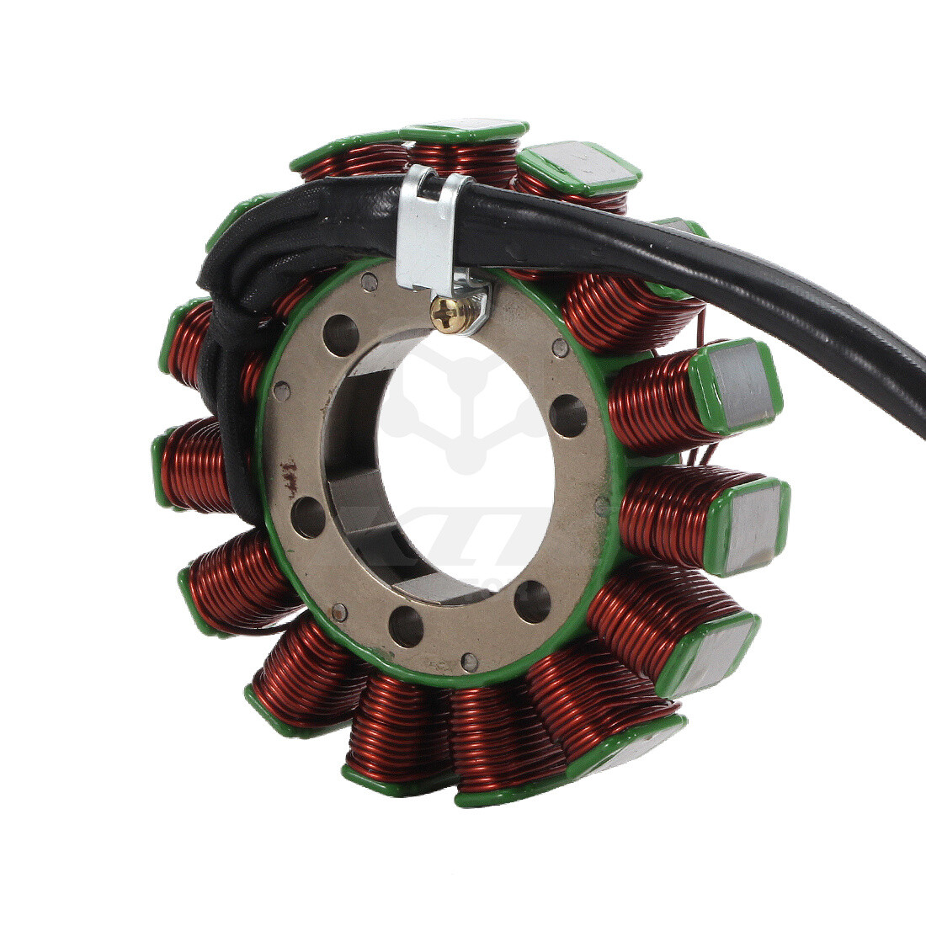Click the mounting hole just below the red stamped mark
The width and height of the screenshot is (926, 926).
coord(308,516)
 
